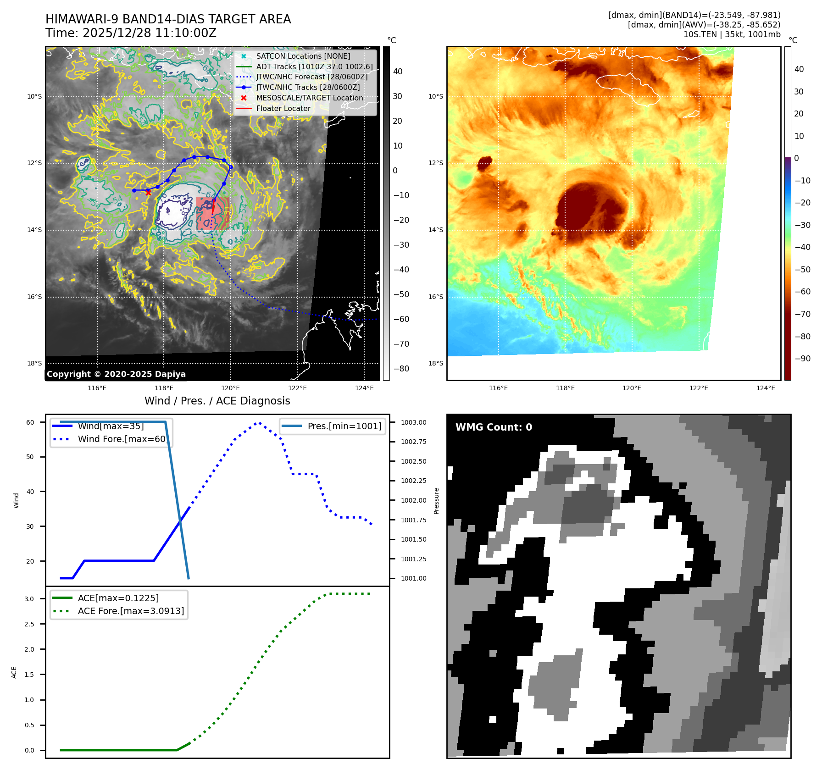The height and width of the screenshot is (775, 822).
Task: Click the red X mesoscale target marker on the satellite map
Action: [x=148, y=193]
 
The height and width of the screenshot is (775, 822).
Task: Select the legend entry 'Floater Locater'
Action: [x=283, y=109]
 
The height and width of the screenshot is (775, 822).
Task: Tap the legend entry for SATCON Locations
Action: [x=303, y=56]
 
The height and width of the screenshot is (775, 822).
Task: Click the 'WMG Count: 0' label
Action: [x=494, y=427]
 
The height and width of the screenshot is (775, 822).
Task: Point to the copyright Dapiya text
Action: [x=116, y=374]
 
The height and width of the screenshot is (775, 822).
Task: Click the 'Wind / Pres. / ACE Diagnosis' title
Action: [x=217, y=401]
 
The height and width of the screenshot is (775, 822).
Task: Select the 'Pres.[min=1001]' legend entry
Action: [x=344, y=426]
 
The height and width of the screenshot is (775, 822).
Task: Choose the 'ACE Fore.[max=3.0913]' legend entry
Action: [x=131, y=611]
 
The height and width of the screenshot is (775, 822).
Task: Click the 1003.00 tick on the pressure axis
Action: [x=413, y=422]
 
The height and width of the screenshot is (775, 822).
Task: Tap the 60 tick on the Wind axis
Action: [x=30, y=422]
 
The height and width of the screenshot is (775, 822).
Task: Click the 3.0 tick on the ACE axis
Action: [x=29, y=599]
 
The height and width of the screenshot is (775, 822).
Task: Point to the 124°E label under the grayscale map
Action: [x=364, y=388]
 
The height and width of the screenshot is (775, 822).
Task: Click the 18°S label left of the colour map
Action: [x=436, y=363]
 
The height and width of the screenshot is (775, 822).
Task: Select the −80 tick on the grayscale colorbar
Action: [x=401, y=369]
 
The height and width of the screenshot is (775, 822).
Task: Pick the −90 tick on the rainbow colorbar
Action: [x=802, y=359]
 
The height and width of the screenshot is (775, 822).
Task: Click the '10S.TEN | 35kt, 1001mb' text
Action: [x=732, y=34]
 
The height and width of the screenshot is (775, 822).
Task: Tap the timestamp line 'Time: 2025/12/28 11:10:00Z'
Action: [x=131, y=33]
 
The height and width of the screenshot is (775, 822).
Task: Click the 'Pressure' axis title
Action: [x=436, y=501]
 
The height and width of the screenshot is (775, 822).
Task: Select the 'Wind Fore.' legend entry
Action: [x=122, y=439]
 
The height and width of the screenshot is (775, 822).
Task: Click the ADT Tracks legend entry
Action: [x=314, y=67]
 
